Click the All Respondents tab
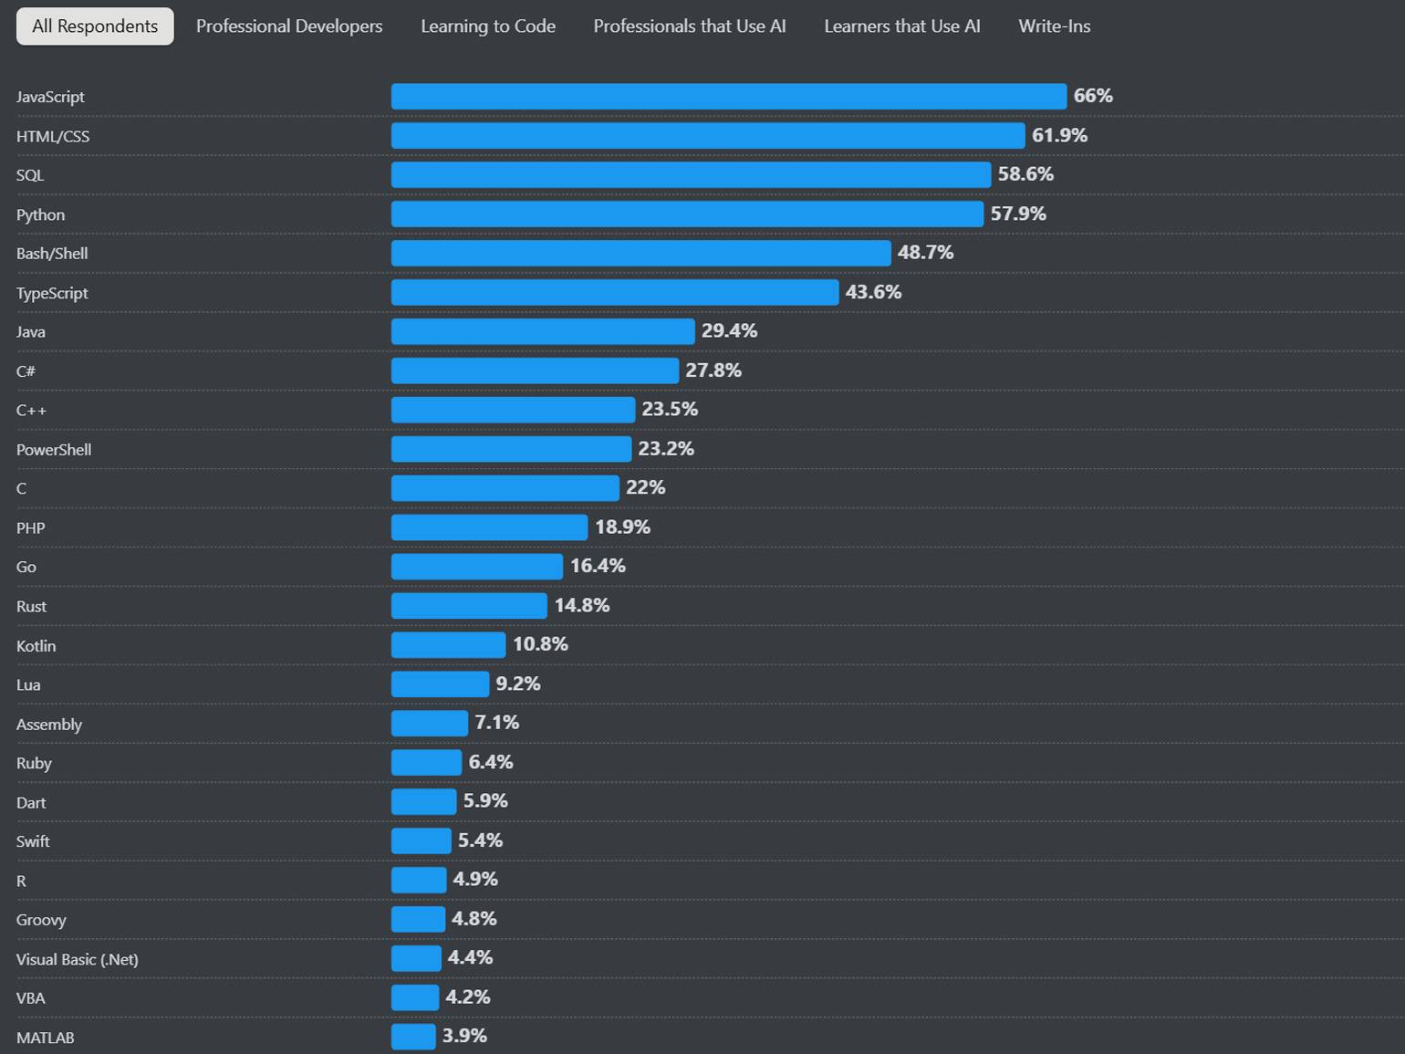point(95,26)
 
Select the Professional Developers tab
point(289,26)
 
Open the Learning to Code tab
point(488,26)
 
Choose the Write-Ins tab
point(1054,26)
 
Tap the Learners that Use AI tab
point(901,26)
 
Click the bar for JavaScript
point(728,97)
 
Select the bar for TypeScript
point(614,292)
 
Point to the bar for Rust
point(469,606)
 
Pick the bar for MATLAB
point(413,1037)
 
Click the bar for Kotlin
point(448,645)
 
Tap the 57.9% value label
point(1018,214)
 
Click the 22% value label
point(645,488)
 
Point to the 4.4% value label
point(470,958)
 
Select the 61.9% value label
point(1059,136)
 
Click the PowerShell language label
point(54,450)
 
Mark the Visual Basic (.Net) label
point(78,960)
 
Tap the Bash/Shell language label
point(52,254)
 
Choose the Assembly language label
point(49,725)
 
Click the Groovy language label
point(41,920)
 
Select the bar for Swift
point(421,840)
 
